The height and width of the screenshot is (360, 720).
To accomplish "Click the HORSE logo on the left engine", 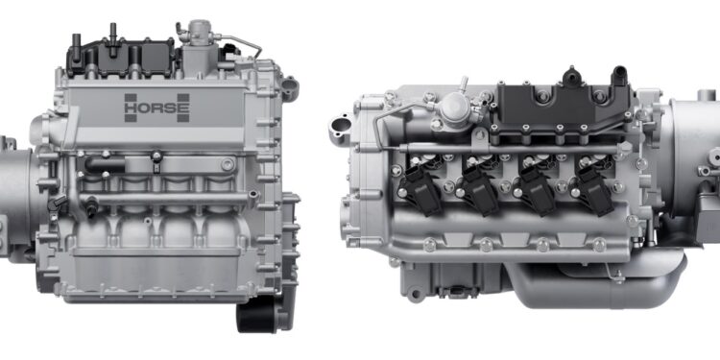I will pyautogui.click(x=156, y=108).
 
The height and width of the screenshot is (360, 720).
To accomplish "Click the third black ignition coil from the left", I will pyautogui.click(x=535, y=187).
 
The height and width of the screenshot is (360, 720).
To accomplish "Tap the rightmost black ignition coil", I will pyautogui.click(x=591, y=187).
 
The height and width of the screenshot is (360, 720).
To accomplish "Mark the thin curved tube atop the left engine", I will pyautogui.click(x=240, y=43).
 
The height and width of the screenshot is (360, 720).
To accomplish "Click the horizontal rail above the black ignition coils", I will pyautogui.click(x=509, y=149).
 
